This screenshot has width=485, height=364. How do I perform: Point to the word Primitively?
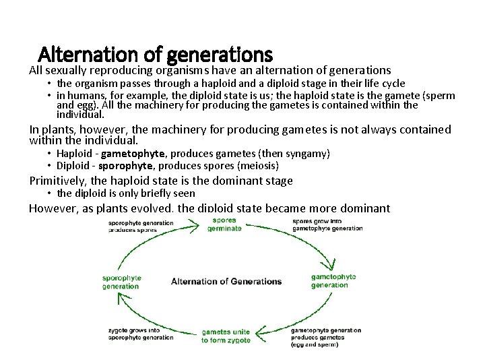(x=58, y=180)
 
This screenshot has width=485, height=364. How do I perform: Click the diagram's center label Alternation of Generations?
(x=226, y=281)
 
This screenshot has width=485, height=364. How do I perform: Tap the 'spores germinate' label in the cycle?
(x=224, y=224)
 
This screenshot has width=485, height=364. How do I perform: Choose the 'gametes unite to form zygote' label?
(x=226, y=336)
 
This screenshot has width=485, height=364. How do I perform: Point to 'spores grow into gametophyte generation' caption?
(x=327, y=224)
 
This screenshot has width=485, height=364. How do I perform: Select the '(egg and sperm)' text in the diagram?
(x=315, y=345)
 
